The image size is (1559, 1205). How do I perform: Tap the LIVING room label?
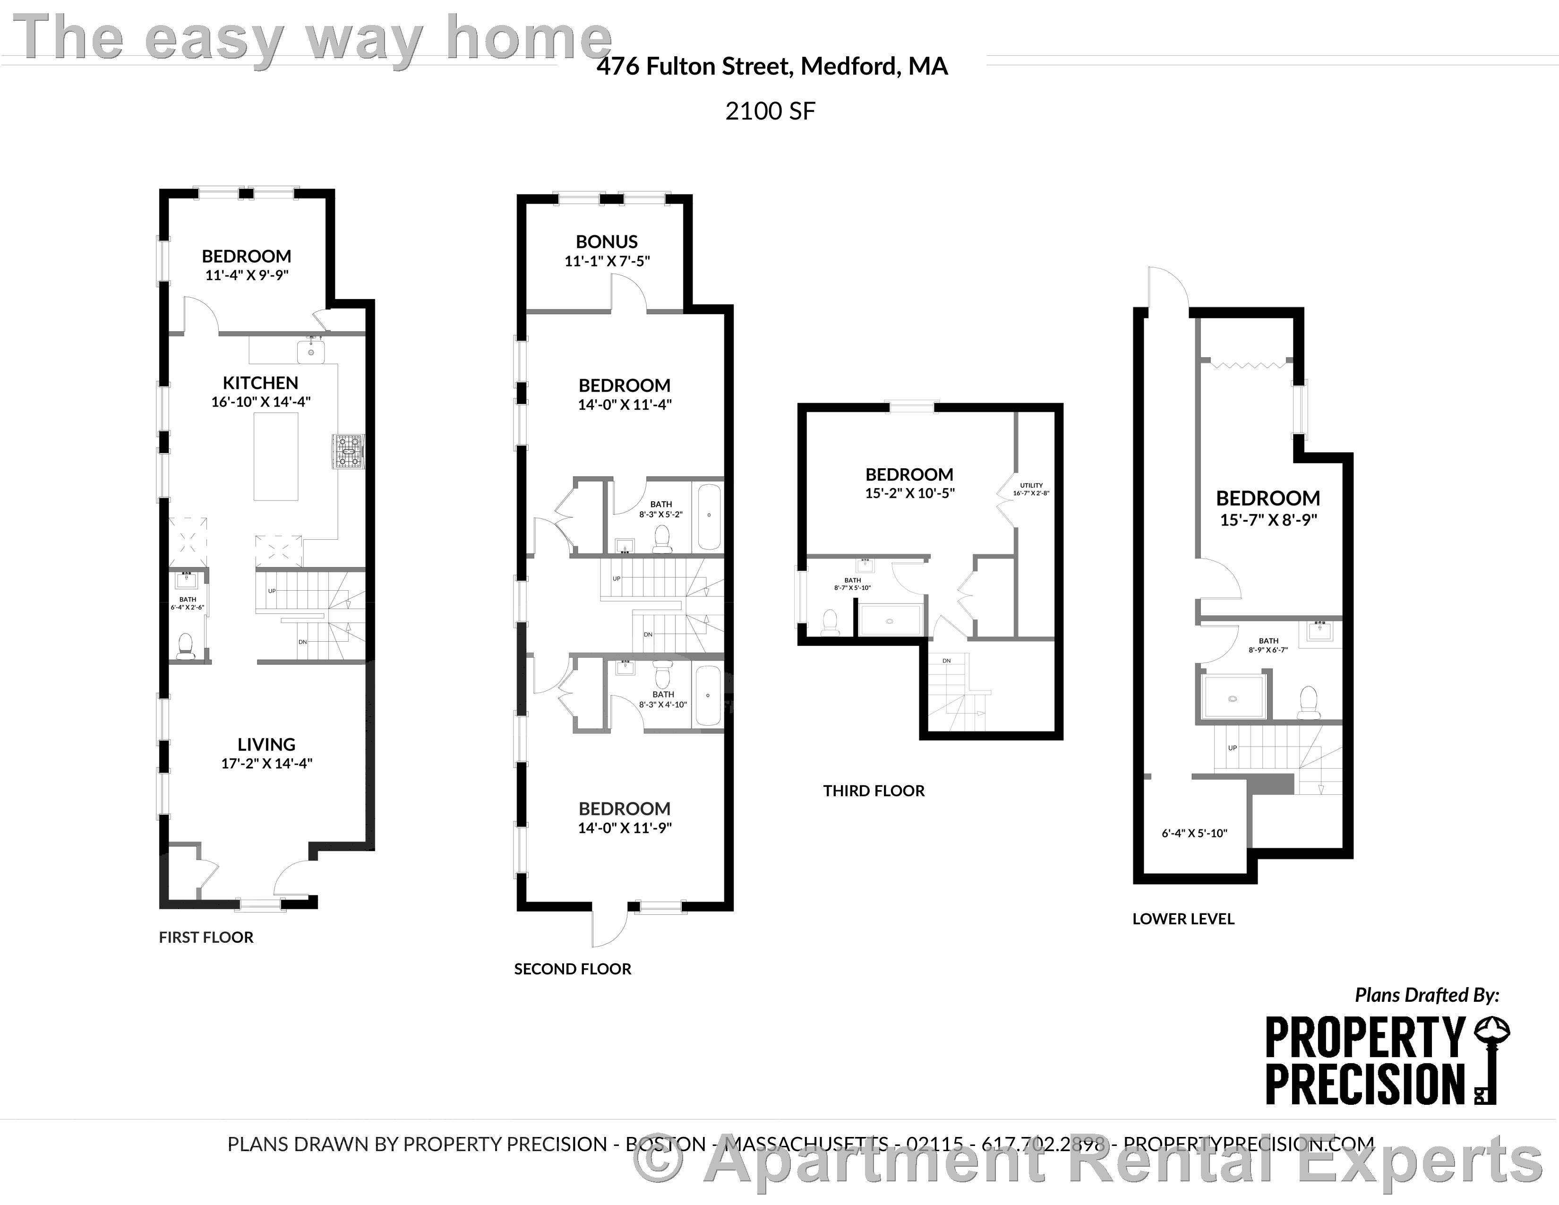point(266,745)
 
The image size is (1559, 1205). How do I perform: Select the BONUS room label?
point(607,242)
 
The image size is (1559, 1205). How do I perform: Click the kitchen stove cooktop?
point(348,452)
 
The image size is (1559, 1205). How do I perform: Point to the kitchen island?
point(276,457)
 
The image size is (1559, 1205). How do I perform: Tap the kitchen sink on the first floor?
point(311,351)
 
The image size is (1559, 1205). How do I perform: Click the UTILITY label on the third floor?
point(1031,485)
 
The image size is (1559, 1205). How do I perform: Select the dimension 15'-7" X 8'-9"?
point(1268,520)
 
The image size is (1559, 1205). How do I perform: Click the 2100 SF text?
point(770,112)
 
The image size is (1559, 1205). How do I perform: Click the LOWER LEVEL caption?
point(1183,919)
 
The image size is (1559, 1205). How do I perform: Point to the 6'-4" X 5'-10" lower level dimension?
point(1194,833)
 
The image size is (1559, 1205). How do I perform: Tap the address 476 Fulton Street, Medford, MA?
point(771,66)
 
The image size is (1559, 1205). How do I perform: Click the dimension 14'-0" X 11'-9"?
point(625,828)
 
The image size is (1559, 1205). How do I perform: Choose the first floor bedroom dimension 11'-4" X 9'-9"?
point(246,275)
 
